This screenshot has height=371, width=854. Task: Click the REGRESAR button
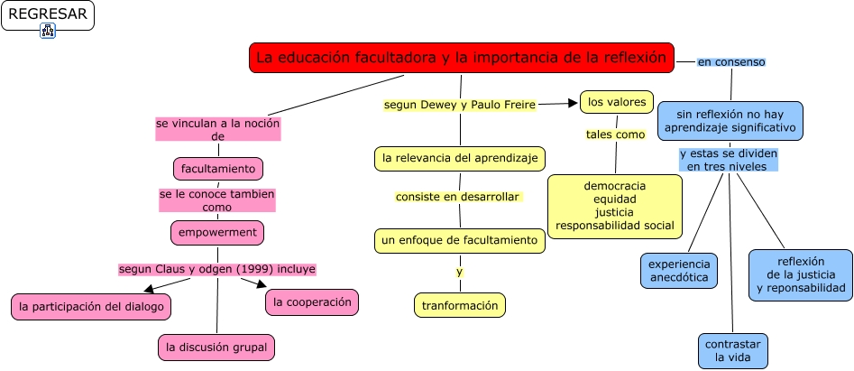point(47,14)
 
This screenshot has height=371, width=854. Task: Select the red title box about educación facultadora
point(461,58)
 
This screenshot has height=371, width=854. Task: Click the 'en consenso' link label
point(731,62)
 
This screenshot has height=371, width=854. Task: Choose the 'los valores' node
point(617,103)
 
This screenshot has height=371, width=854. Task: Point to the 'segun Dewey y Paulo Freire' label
point(460,105)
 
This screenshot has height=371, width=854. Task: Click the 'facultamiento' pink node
point(218,169)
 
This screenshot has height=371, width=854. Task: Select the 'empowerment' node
point(217,232)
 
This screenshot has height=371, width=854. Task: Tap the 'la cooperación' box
point(312,302)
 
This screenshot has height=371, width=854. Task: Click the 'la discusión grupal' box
point(216,347)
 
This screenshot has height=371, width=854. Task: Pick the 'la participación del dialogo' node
point(91,307)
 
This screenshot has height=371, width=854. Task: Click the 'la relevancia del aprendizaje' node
point(460,159)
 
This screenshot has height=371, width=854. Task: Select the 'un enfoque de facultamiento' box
point(460,241)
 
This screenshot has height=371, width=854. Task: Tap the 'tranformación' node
point(460,306)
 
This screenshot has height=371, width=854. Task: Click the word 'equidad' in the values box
point(616,199)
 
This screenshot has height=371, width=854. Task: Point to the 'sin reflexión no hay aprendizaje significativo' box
point(730,121)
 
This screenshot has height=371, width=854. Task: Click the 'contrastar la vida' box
point(733,351)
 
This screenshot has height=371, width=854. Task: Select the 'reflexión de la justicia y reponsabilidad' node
point(800,274)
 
